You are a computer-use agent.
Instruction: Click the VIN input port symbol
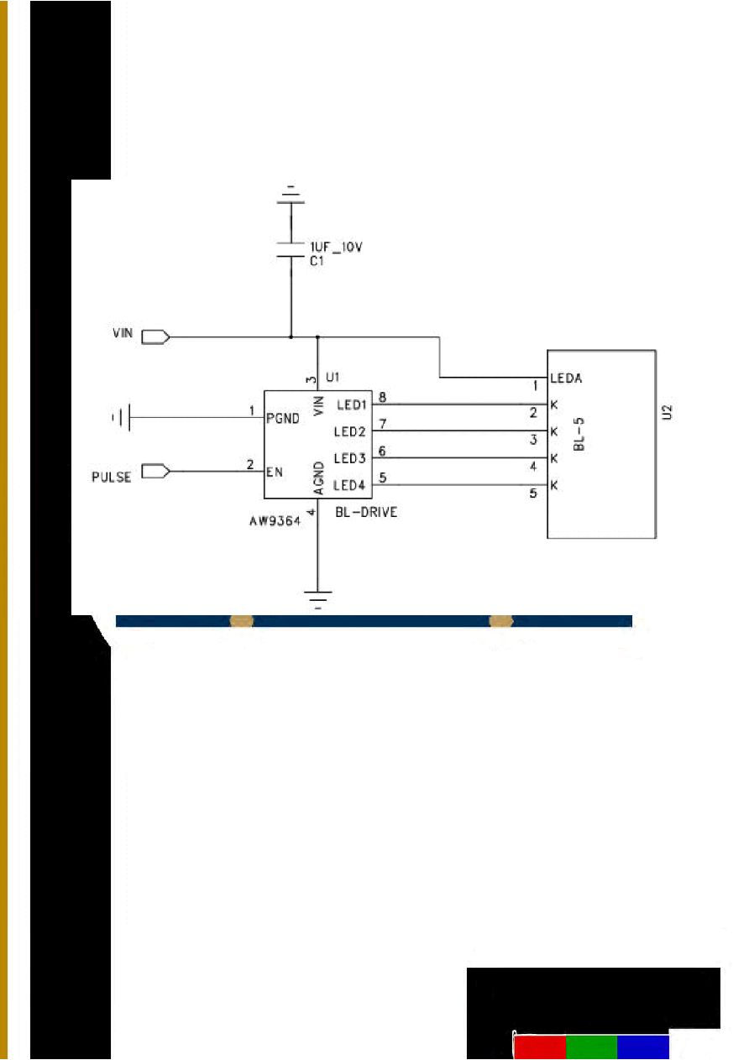[x=155, y=337]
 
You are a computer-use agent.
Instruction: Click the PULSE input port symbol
[x=155, y=472]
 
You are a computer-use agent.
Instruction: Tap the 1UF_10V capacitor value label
[x=336, y=247]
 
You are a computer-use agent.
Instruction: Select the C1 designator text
[x=317, y=261]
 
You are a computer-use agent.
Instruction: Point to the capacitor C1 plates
[x=291, y=250]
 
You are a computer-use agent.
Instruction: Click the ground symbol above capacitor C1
[x=291, y=195]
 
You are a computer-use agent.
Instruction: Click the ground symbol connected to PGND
[x=121, y=417]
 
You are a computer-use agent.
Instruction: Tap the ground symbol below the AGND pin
[x=317, y=599]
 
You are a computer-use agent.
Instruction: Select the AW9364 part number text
[x=275, y=521]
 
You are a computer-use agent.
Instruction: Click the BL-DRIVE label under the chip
[x=366, y=512]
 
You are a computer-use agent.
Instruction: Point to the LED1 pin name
[x=352, y=405]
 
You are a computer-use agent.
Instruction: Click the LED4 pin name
[x=349, y=485]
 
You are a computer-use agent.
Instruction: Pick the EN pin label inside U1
[x=274, y=473]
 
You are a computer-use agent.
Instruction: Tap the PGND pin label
[x=283, y=419]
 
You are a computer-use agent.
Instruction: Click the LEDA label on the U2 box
[x=566, y=379]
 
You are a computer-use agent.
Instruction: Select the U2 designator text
[x=667, y=412]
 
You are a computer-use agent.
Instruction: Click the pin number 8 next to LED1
[x=383, y=398]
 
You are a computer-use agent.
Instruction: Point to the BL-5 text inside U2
[x=579, y=435]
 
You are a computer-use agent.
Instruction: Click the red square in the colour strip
[x=540, y=1047]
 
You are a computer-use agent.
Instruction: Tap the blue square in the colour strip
[x=643, y=1047]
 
